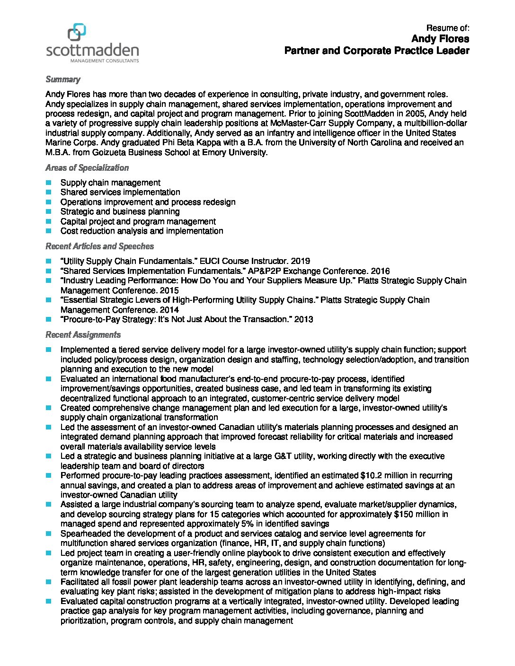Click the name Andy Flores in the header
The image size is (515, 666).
440,39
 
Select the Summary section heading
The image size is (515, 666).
62,79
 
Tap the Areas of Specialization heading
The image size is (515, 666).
87,168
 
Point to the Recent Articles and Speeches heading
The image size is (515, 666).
99,246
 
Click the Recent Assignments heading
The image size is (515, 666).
83,335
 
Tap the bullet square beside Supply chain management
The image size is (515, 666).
49,183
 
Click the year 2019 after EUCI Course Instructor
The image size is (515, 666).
301,261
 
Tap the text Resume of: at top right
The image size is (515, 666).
448,28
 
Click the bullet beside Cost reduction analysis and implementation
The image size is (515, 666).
49,231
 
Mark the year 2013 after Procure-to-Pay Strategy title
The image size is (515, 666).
303,319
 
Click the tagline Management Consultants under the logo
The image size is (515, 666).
104,61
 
